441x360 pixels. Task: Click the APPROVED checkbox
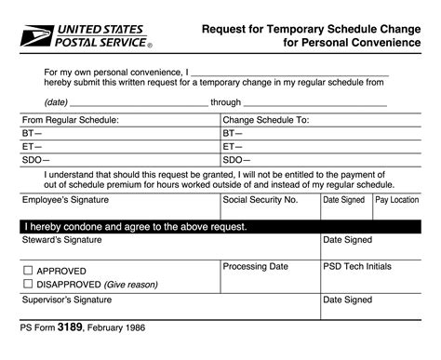pos(27,271)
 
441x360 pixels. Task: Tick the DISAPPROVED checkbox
pos(27,284)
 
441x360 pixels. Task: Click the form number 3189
pos(73,327)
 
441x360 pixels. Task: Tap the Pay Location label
pos(397,200)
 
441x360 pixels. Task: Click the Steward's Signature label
pos(61,240)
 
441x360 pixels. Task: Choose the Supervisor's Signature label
pos(66,300)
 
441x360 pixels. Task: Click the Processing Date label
pos(256,266)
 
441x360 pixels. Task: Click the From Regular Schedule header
pos(71,120)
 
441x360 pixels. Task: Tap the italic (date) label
pos(56,101)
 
